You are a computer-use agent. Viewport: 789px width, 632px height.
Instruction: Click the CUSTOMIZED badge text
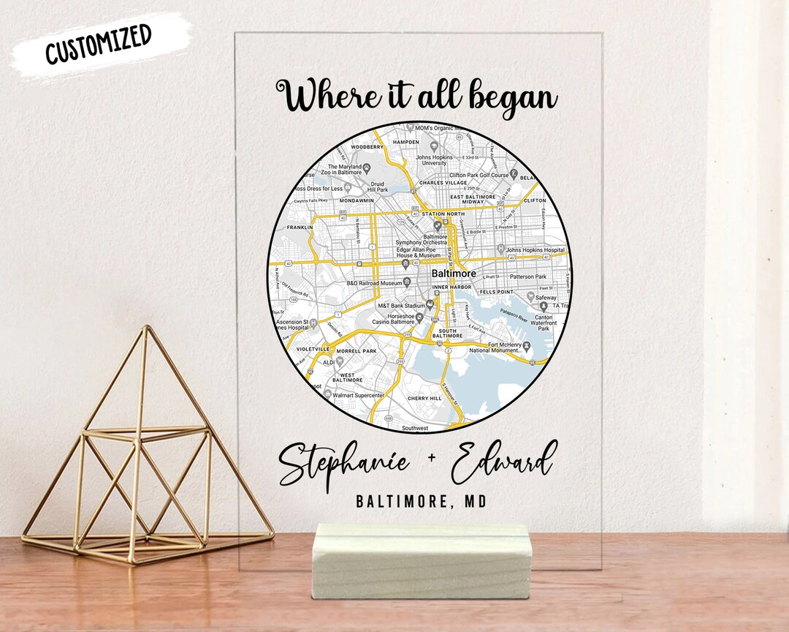(99, 43)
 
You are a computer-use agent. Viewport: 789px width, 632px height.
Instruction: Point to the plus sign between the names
(430, 458)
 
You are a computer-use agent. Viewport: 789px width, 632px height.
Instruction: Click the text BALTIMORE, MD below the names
(421, 501)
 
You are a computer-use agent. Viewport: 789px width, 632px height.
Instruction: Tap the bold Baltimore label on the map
(453, 274)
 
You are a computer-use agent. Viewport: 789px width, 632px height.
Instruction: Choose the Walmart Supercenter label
(358, 395)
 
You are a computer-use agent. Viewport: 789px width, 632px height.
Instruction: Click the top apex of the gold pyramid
(145, 327)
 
